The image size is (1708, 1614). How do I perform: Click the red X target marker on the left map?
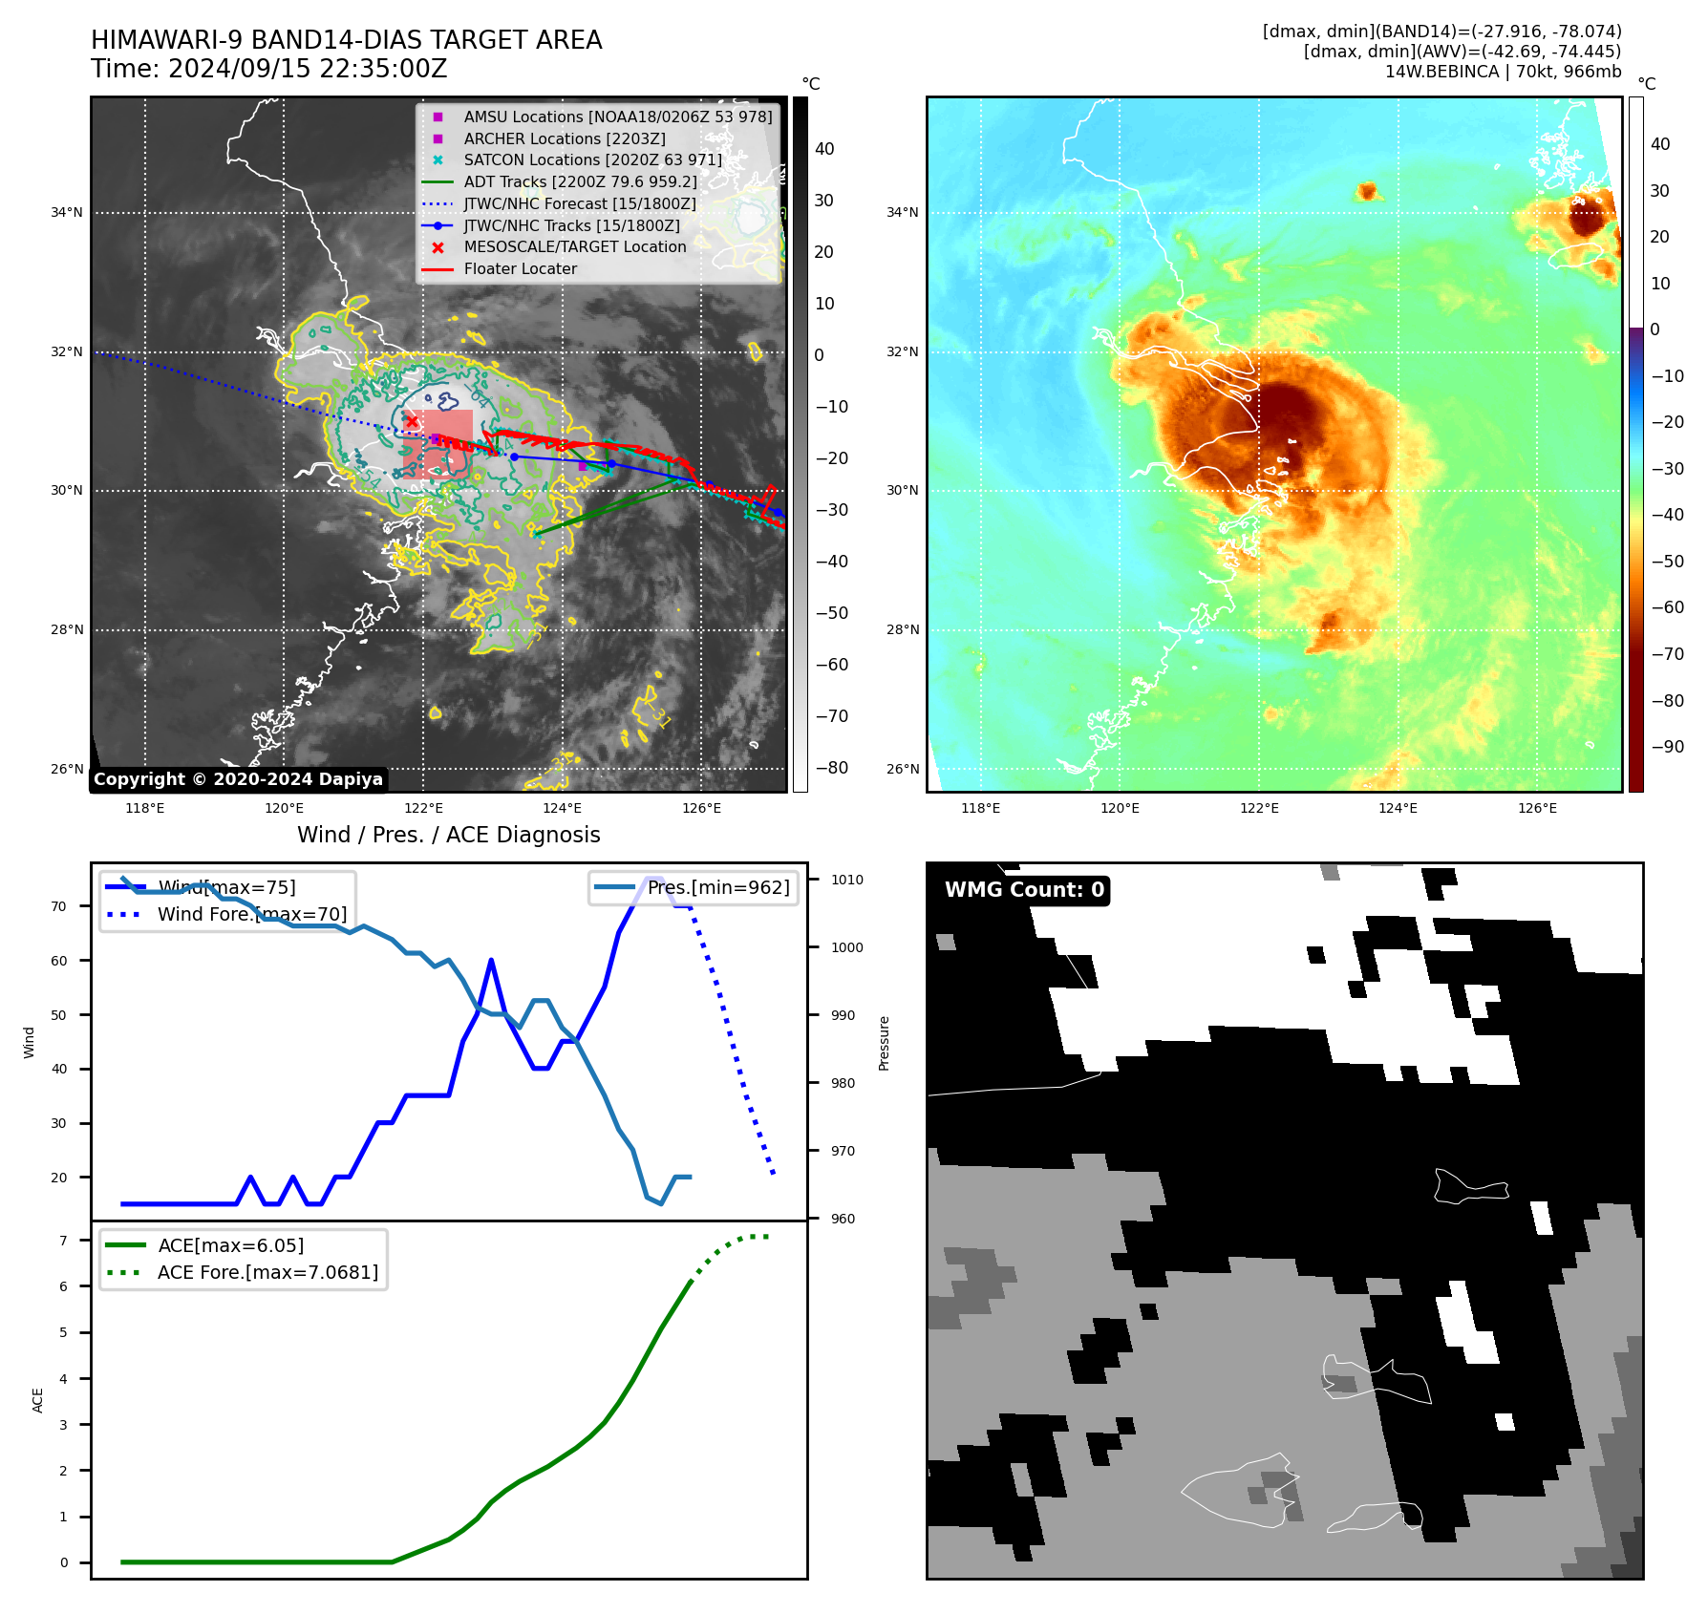(x=412, y=420)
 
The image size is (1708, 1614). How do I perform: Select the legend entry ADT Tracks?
(x=580, y=181)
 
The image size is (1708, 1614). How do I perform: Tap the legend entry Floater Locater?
(x=520, y=269)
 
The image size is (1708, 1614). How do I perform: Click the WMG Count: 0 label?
(x=1024, y=890)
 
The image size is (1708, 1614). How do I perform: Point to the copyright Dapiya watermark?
(x=238, y=779)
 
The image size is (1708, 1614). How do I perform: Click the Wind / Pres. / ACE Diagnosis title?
(x=448, y=835)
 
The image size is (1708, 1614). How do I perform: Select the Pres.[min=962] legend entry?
(x=717, y=887)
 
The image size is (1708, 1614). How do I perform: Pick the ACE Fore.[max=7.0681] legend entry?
(x=267, y=1272)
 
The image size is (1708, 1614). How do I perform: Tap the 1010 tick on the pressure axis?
(x=846, y=880)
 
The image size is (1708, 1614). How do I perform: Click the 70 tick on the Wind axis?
(x=59, y=906)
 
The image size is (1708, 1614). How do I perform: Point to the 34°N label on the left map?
(x=67, y=212)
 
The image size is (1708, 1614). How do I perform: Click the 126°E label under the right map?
(x=1537, y=808)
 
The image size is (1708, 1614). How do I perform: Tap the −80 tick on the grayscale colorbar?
(x=831, y=768)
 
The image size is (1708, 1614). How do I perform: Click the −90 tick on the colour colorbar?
(x=1667, y=747)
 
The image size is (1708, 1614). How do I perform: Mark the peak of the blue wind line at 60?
(x=491, y=960)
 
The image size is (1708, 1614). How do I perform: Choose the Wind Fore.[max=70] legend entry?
(x=251, y=914)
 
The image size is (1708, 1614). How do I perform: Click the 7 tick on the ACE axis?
(x=64, y=1241)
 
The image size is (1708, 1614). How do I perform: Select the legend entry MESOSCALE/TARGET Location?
(x=574, y=247)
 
